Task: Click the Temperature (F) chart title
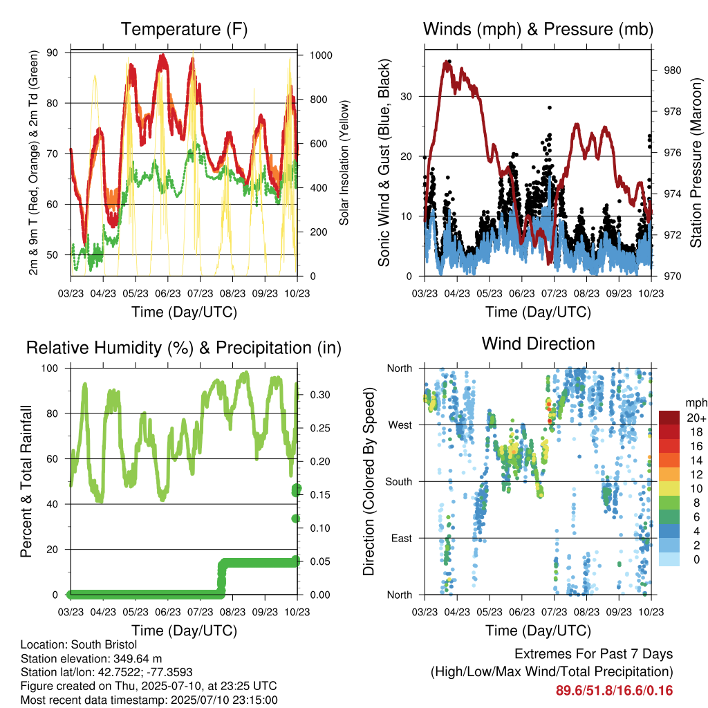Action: coord(184,29)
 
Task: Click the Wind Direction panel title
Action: coord(538,344)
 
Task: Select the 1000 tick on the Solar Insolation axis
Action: coord(321,55)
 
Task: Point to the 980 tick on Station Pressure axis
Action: coord(672,71)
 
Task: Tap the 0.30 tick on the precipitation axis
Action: coord(320,395)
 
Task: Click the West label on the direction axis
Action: coord(400,425)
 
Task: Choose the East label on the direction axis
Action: coord(402,538)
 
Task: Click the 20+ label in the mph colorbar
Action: coord(696,418)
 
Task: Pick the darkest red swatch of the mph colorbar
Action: coord(669,418)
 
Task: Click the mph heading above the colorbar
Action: coord(696,403)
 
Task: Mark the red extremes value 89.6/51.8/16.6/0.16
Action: coord(614,691)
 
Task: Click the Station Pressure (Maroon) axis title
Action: coord(696,162)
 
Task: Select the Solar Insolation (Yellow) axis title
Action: coord(344,162)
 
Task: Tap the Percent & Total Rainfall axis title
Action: coord(26,481)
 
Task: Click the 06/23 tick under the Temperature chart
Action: coord(167,293)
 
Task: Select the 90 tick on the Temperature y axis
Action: coord(52,53)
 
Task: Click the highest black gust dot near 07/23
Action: coord(550,107)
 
